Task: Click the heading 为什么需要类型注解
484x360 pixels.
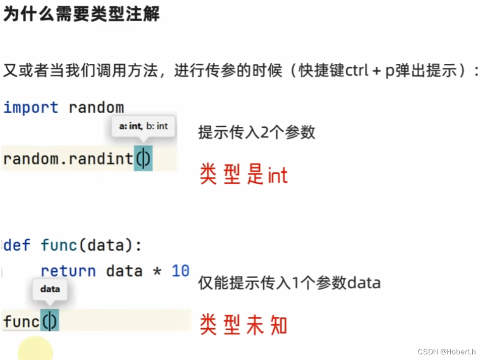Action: pyautogui.click(x=81, y=15)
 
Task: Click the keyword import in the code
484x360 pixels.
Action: pyautogui.click(x=31, y=107)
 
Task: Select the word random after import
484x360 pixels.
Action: pyautogui.click(x=96, y=107)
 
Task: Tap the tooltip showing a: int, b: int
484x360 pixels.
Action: pyautogui.click(x=143, y=127)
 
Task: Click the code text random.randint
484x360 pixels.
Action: pyautogui.click(x=68, y=160)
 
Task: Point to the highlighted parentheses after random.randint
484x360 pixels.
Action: pyautogui.click(x=143, y=160)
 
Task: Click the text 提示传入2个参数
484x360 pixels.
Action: pyautogui.click(x=257, y=133)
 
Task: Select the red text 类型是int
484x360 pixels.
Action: pyautogui.click(x=244, y=175)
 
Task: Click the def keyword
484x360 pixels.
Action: pyautogui.click(x=17, y=245)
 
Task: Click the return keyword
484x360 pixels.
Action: pyautogui.click(x=68, y=271)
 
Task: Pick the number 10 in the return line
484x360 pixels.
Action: pyautogui.click(x=180, y=271)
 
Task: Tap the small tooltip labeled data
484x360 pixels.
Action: pyautogui.click(x=50, y=289)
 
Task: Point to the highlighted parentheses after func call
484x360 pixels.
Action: pyautogui.click(x=49, y=321)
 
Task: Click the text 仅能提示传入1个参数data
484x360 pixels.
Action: pyautogui.click(x=289, y=283)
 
